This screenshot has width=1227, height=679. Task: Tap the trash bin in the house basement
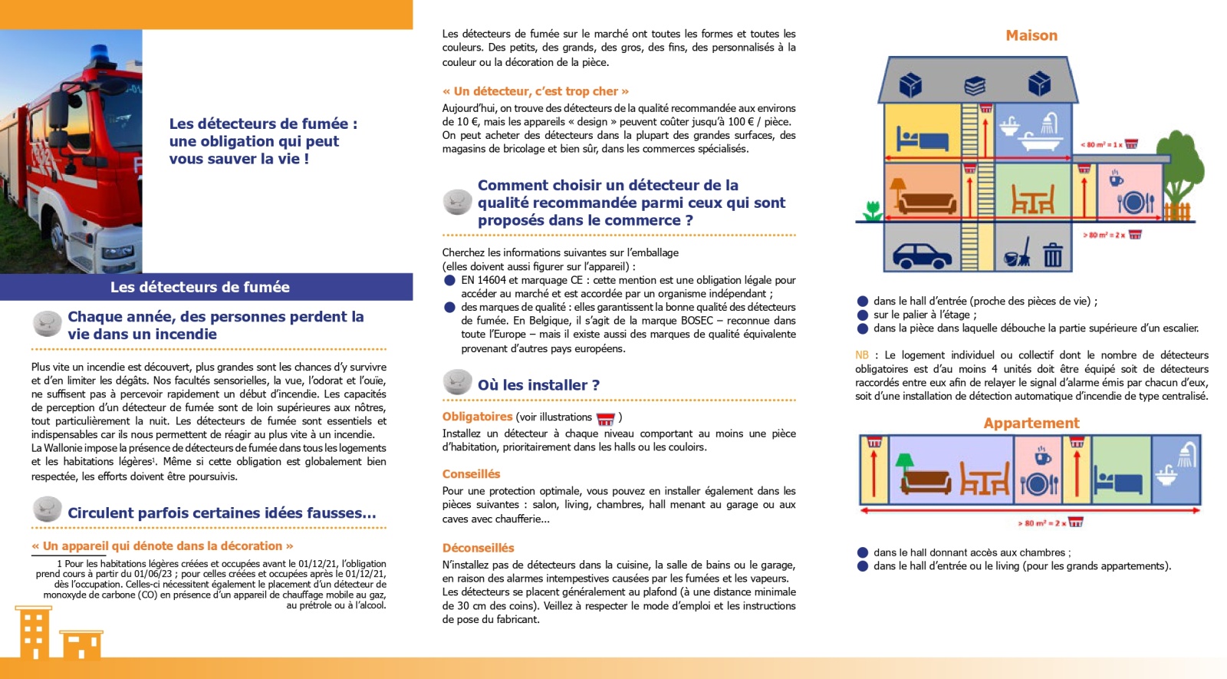click(1052, 254)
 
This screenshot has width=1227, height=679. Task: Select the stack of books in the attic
click(975, 84)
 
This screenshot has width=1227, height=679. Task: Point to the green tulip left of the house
click(872, 210)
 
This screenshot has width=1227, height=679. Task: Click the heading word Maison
click(1031, 35)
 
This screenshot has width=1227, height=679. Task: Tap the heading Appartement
click(1031, 423)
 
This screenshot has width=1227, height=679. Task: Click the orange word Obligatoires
click(477, 417)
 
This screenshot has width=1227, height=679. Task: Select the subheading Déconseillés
click(478, 548)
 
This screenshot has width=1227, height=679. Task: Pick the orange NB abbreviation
click(862, 355)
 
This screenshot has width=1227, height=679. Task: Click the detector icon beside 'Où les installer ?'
click(457, 383)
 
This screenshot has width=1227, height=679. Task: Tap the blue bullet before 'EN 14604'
click(449, 281)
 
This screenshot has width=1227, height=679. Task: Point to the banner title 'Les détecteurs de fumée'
click(199, 287)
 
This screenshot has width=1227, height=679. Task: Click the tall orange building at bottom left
click(33, 632)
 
